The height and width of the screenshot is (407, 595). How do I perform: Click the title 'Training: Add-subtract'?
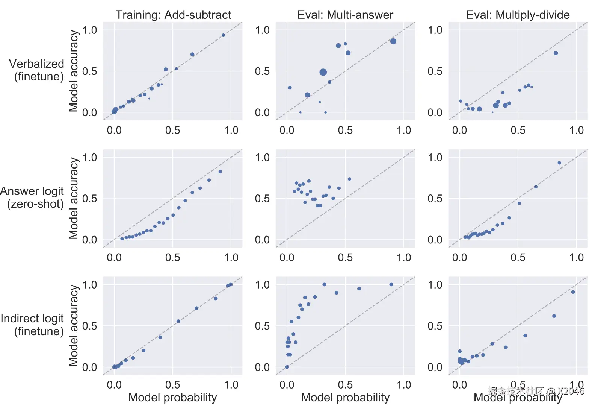tap(173, 15)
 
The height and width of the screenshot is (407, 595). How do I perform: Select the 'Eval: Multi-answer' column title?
tap(345, 15)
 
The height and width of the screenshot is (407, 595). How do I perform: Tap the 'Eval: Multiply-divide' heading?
tap(518, 15)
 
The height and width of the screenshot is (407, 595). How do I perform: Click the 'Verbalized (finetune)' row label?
tap(37, 70)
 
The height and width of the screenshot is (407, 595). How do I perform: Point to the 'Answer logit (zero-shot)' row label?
tap(32, 197)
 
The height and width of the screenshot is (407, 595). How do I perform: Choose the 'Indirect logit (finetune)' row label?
tap(33, 325)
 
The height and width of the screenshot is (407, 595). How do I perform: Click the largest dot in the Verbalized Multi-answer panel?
tap(323, 72)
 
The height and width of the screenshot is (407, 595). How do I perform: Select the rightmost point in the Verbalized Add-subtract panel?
tap(223, 35)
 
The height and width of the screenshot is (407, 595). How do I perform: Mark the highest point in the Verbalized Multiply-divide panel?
tap(556, 53)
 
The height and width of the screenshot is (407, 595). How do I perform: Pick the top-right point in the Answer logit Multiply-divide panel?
tap(559, 163)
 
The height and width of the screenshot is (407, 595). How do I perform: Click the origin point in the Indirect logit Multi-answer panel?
tap(287, 367)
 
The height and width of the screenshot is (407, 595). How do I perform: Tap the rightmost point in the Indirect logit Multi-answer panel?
tap(391, 285)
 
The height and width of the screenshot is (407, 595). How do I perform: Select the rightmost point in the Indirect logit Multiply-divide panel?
tap(573, 292)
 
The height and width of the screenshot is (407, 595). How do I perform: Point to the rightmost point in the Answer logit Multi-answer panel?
tap(349, 179)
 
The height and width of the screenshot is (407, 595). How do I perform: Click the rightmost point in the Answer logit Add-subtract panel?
tap(220, 172)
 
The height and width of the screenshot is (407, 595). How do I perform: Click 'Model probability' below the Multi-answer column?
tap(345, 397)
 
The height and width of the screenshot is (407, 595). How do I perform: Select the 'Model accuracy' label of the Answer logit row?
tap(74, 198)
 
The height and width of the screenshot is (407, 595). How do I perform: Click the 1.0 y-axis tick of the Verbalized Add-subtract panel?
tap(90, 30)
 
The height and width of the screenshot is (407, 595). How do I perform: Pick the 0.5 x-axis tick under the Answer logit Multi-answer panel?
tap(345, 258)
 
